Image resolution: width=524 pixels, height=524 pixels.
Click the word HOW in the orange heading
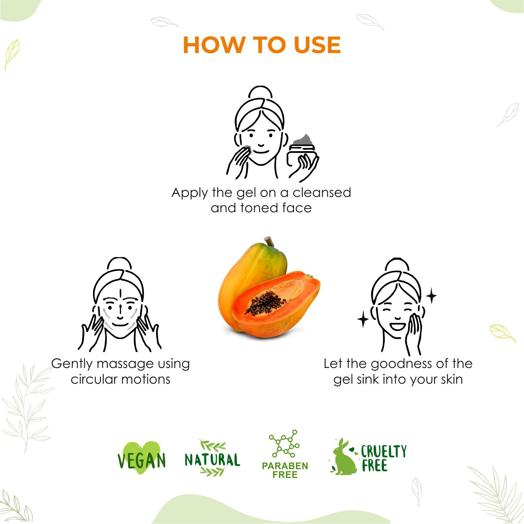[x=214, y=45]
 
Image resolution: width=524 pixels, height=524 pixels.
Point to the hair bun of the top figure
[x=260, y=93]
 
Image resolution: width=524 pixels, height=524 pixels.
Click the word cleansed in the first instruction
[x=322, y=192]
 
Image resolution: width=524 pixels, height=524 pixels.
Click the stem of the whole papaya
[x=269, y=241]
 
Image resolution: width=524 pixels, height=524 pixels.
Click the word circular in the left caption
[x=93, y=379]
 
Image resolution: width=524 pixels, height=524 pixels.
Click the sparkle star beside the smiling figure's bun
[x=431, y=296]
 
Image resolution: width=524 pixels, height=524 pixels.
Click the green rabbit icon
[x=344, y=457]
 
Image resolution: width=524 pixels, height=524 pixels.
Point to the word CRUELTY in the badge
[x=384, y=451]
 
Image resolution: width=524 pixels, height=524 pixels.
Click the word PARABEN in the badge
[x=285, y=466]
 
